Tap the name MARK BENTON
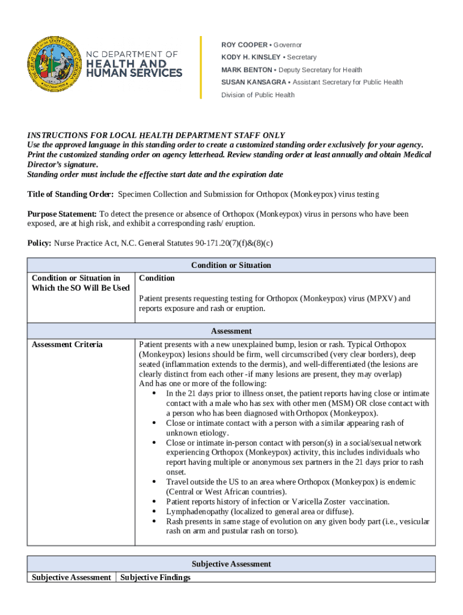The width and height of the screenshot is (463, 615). (247, 70)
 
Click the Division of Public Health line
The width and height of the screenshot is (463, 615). (257, 95)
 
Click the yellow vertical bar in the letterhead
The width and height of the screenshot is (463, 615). (201, 67)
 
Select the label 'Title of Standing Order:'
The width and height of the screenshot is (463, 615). (70, 195)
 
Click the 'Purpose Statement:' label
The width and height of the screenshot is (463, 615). (62, 214)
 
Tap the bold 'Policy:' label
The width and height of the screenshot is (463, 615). (40, 243)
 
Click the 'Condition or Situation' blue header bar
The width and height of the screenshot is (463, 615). (231, 265)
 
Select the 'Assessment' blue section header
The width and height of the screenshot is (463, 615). (231, 331)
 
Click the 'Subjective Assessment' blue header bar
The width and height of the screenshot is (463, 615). (231, 564)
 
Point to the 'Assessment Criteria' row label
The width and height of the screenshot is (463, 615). (67, 345)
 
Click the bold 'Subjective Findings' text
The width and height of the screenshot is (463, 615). (155, 578)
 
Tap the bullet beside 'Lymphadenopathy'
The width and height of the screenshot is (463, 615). (155, 512)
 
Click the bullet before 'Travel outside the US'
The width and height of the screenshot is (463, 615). (155, 482)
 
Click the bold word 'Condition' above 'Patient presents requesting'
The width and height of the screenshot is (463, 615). (157, 278)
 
